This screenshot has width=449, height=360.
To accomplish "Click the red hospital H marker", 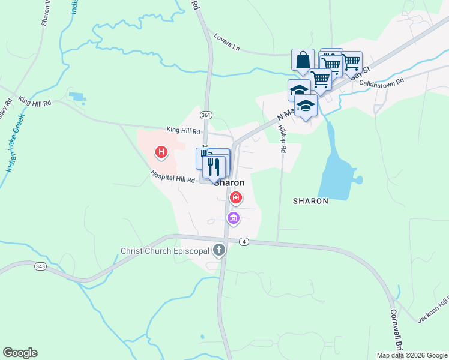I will coord(161,152).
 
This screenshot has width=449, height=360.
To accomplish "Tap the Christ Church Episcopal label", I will coord(166,251).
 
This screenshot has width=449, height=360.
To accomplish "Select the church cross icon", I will coord(220,250).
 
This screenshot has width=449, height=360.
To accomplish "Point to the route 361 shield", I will coord(206,115).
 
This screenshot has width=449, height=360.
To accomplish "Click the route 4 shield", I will coord(243,242).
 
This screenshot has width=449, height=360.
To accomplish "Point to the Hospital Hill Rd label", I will coord(173,178).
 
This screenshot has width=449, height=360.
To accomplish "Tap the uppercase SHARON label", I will coord(310,202).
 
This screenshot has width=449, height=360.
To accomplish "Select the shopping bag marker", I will coord(303,60).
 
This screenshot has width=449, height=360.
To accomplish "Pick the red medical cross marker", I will coord(236,197).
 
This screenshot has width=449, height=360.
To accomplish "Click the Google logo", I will coord(20,352).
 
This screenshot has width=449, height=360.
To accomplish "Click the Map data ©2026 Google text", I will coord(412,355).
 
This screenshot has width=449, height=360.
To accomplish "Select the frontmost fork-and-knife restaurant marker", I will coord(214,166).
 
